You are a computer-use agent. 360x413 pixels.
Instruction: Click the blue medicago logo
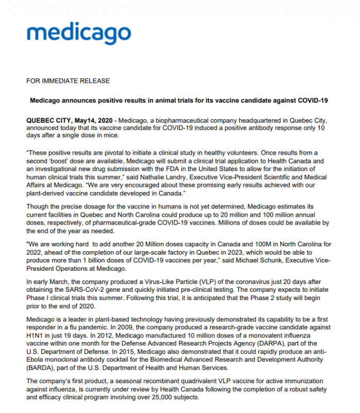[79, 34]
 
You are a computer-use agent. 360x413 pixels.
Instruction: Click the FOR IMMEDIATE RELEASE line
[68, 81]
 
